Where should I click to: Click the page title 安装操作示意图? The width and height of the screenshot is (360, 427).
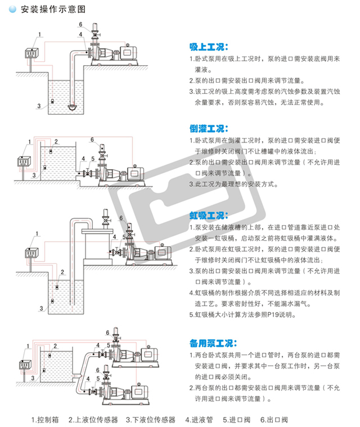click(53, 10)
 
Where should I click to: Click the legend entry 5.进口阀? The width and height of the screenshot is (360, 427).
click(237, 419)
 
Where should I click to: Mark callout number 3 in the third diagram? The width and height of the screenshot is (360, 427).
click(41, 308)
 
